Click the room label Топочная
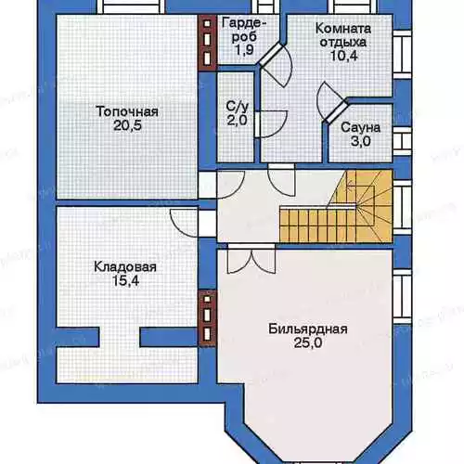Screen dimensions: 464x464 pos(127,111)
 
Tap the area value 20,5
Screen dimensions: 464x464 pos(127,125)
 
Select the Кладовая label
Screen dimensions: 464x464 pos(125,267)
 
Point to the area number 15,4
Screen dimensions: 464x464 pos(125,281)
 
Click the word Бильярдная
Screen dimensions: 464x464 pos(308,329)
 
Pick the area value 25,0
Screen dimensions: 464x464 pos(308,342)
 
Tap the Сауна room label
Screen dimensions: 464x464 pos(361,127)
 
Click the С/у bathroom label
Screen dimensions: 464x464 pos(238,107)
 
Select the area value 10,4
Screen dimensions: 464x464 pos(344,56)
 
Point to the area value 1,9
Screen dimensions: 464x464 pos(244,50)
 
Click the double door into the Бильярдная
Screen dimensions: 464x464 pos(251,259)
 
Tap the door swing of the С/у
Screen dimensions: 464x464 pos(271,123)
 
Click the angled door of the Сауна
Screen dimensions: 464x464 pos(330,103)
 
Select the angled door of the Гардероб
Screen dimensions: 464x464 pos(277,65)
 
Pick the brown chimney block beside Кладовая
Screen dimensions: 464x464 pos(207,318)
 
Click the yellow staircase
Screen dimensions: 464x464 pos(336,206)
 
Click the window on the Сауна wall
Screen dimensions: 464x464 pos(402,141)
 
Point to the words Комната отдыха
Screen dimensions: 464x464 pos(343,35)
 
